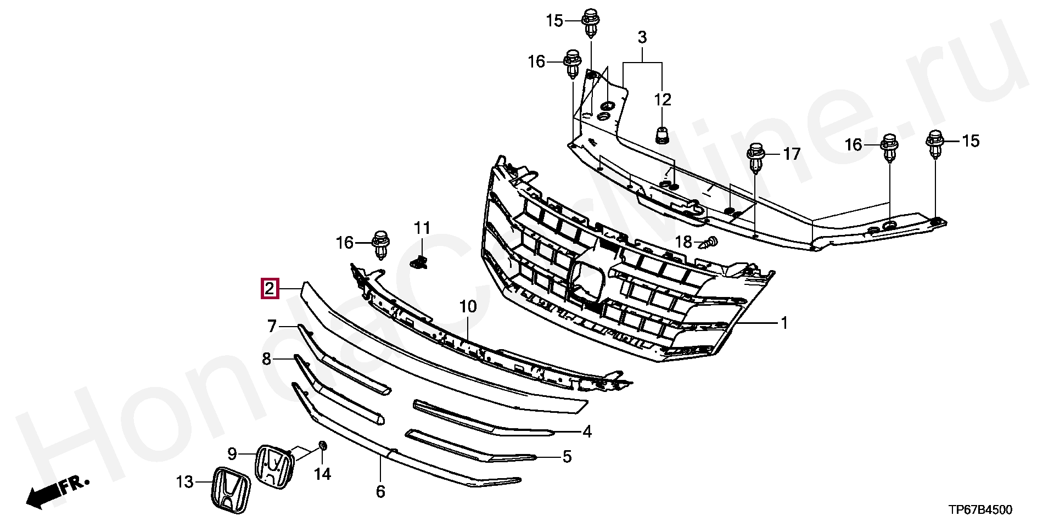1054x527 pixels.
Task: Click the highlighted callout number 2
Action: [x=270, y=288]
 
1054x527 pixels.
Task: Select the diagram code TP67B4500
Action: [x=980, y=510]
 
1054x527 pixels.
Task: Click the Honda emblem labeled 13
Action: [x=231, y=490]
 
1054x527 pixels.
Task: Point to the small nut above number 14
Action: [x=323, y=445]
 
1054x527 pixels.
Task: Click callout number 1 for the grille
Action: [x=784, y=323]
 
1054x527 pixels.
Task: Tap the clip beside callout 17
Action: [x=756, y=156]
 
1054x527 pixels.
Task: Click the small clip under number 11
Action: [x=420, y=262]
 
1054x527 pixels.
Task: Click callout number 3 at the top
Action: [x=642, y=38]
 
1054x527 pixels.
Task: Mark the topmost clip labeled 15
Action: [x=590, y=22]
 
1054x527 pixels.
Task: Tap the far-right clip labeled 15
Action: [x=935, y=142]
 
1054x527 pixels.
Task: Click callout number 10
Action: [x=468, y=306]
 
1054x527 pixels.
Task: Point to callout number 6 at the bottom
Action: [x=380, y=491]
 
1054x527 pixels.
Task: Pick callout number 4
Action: [x=587, y=431]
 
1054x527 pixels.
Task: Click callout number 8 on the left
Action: [x=267, y=359]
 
